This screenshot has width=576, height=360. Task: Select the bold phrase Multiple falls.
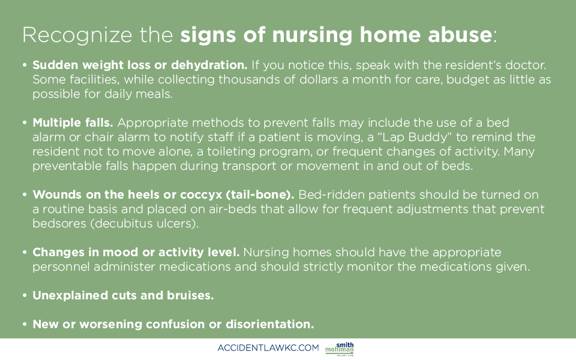point(73,122)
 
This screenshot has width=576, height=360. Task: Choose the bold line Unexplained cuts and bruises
point(123,296)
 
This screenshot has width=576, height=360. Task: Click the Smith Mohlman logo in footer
point(340,349)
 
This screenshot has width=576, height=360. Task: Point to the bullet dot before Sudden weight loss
point(25,65)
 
